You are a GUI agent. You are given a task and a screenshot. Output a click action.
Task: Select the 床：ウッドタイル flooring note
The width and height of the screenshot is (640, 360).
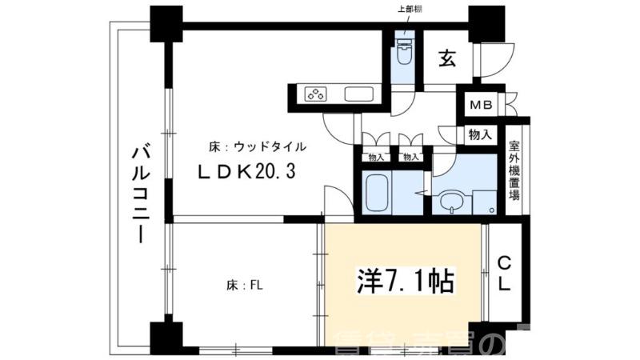click(x=257, y=147)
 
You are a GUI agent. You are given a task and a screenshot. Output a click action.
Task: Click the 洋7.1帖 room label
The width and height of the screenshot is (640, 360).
click(x=405, y=281)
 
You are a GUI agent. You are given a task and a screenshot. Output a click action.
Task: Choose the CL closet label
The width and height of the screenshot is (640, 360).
click(x=505, y=273)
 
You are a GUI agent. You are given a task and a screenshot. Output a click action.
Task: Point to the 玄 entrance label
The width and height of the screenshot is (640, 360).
click(x=447, y=58)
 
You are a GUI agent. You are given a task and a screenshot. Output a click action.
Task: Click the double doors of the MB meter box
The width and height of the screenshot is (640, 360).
click(x=509, y=106)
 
